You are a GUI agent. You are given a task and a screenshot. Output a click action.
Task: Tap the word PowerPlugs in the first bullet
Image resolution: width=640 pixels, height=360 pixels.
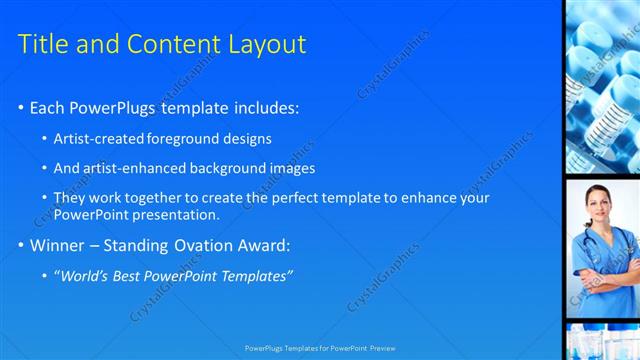tap(114, 107)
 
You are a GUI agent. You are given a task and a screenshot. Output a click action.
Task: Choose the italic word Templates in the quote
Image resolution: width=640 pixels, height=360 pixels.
tap(256, 275)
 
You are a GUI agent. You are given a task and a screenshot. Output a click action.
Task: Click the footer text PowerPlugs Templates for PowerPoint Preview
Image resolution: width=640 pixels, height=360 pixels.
tap(320, 348)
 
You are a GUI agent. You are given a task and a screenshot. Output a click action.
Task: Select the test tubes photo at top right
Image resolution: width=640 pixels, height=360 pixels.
tap(602, 85)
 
